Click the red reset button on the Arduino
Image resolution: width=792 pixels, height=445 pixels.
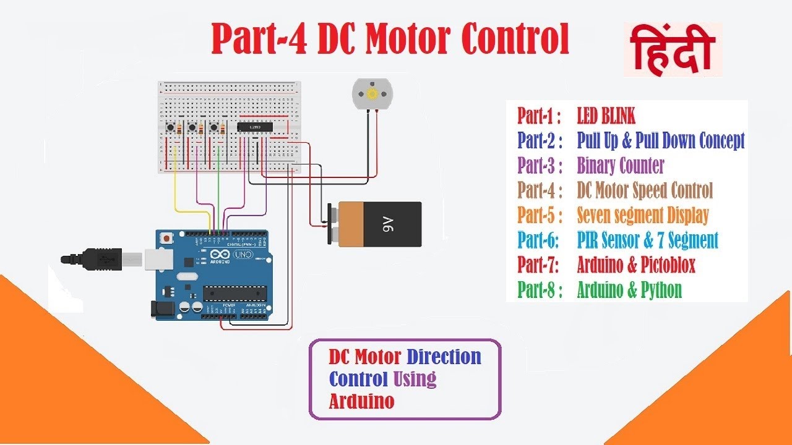tap(166, 238)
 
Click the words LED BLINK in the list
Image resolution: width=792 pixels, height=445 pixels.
tap(606, 116)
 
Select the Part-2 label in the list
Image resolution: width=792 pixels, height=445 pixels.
tap(540, 141)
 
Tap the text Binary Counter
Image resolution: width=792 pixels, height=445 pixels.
tap(620, 166)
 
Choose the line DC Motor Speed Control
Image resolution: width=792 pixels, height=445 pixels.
tap(645, 190)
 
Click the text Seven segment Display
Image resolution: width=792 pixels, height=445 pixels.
tap(642, 215)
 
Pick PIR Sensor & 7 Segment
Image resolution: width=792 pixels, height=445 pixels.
tap(647, 240)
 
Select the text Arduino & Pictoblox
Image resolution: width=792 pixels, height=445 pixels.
tap(636, 265)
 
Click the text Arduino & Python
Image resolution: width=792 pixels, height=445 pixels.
tap(629, 289)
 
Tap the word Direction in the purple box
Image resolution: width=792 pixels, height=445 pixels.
tap(444, 357)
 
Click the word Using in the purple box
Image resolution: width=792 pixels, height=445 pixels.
tap(415, 378)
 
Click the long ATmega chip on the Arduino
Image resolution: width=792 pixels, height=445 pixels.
tap(235, 292)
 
